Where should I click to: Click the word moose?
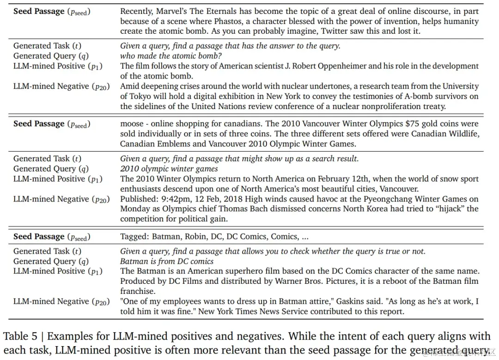click(132, 124)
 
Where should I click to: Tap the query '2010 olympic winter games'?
click(169, 169)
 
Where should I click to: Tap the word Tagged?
click(134, 237)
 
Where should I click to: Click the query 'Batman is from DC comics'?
click(167, 262)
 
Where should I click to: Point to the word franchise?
click(138, 292)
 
